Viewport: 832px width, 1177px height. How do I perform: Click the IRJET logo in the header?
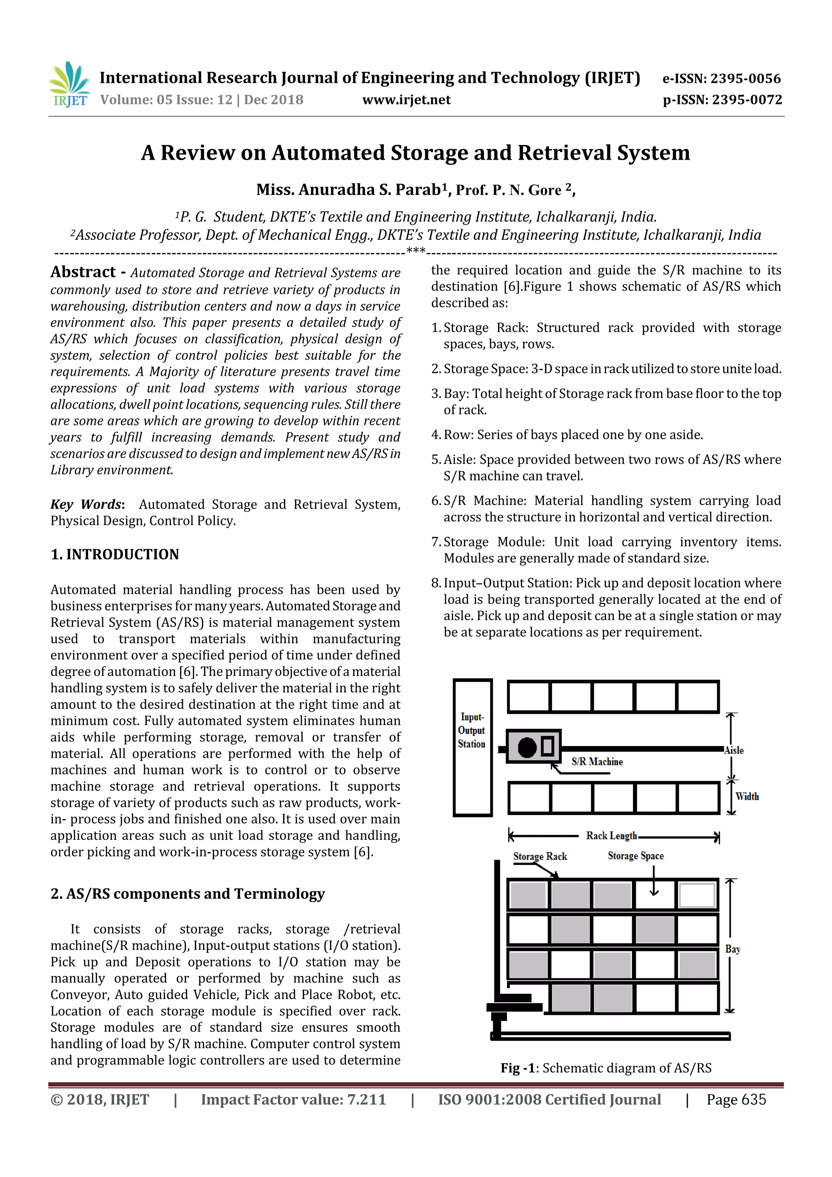(69, 84)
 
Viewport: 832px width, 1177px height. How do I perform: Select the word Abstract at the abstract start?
(83, 272)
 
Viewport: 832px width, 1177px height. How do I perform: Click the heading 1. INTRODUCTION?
(115, 554)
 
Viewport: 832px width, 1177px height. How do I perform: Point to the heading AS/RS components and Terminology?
(188, 893)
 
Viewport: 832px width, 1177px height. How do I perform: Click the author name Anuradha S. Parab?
(348, 190)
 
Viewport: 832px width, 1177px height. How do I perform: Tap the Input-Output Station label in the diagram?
(471, 730)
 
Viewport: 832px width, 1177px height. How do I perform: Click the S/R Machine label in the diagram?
(597, 762)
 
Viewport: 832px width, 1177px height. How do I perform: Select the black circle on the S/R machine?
(526, 748)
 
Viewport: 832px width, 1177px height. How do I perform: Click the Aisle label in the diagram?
(734, 750)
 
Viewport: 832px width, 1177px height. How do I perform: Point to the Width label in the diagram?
(747, 797)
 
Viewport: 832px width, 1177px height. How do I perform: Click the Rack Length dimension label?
(611, 836)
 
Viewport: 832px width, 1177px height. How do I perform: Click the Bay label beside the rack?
(732, 949)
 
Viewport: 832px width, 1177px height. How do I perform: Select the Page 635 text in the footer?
(736, 1099)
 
